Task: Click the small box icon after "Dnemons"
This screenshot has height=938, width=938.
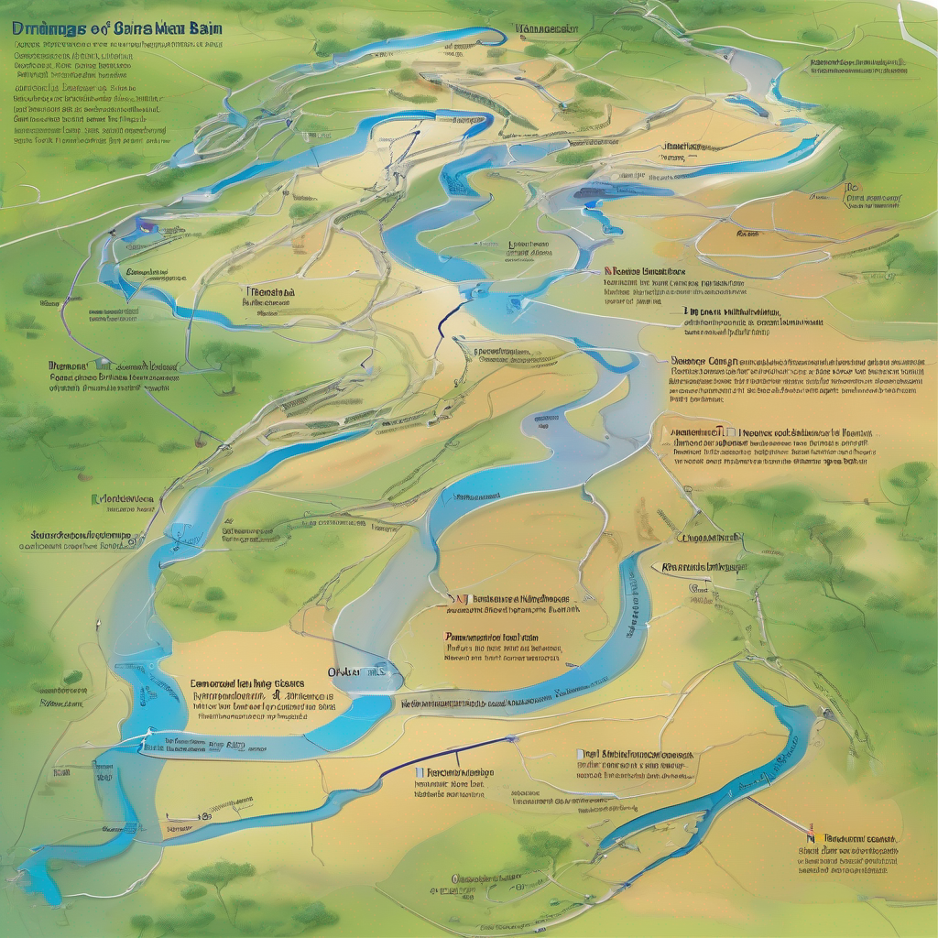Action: (102, 365)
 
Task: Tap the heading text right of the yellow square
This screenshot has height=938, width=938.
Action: (860, 837)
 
